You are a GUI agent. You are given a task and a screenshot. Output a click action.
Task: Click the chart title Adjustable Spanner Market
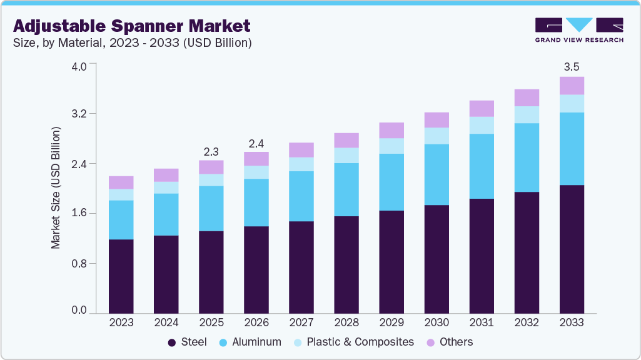coord(132,26)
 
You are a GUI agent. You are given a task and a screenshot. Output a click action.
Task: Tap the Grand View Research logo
coord(578,29)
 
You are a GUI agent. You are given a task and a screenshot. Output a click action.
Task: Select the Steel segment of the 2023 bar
coord(121,276)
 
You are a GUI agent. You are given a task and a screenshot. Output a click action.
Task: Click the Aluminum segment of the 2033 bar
coord(572,149)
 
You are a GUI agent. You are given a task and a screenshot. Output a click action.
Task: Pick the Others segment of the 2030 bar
coord(437,120)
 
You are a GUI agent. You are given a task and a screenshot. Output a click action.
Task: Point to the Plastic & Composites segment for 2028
coord(346,155)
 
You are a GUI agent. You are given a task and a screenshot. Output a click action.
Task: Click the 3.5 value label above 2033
coord(572,66)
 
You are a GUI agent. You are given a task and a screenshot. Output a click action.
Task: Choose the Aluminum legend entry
coord(250,342)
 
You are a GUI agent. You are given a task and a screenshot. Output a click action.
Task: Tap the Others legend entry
coord(450,342)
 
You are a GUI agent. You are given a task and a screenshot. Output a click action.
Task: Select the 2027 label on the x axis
coord(301,322)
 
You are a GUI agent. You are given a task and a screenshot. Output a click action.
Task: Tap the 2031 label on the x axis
coord(482,322)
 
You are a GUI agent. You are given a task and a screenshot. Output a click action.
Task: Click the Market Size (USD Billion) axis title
coord(56,188)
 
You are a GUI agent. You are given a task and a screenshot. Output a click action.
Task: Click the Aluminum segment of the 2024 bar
coord(166,214)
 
